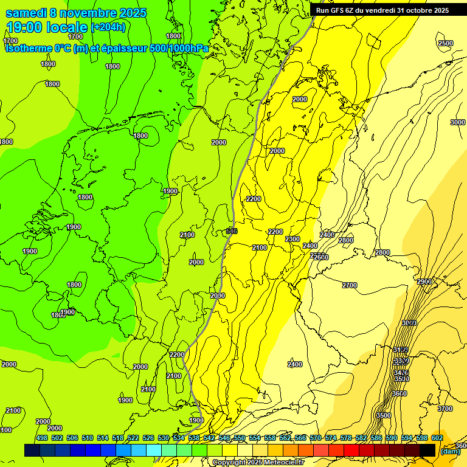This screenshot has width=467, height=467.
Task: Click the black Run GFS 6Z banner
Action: [382, 10]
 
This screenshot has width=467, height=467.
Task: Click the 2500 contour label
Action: [445, 43]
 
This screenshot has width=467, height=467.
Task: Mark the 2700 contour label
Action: [350, 285]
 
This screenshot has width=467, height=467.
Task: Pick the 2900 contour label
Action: [424, 282]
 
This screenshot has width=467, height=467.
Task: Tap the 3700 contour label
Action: [445, 409]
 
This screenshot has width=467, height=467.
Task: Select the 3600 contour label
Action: [399, 393]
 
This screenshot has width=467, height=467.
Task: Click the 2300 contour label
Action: [292, 239]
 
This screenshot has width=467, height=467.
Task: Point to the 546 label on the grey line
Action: [231, 231]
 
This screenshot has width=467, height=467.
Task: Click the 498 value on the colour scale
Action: [41, 438]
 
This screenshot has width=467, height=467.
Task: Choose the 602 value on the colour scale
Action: [437, 438]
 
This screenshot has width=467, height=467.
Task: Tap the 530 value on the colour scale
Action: [163, 438]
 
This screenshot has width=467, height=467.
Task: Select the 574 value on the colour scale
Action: [330, 438]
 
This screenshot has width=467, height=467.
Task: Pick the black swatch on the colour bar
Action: [427, 450]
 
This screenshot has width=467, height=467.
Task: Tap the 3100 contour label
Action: [400, 350]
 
